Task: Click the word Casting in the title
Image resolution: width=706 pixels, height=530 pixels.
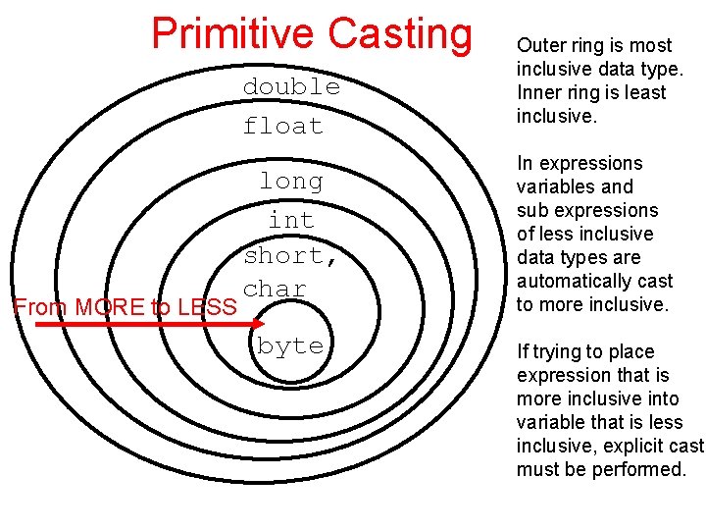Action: pos(399,32)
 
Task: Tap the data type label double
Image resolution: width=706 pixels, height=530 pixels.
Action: pos(291,86)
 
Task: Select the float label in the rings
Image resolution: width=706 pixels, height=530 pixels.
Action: pos(283,126)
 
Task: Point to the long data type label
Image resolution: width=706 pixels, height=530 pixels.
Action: pos(291,182)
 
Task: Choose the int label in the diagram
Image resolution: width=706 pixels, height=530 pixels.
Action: pos(291,220)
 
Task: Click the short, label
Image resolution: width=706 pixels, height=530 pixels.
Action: pos(291,255)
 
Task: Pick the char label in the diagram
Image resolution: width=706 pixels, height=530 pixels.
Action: pos(276,289)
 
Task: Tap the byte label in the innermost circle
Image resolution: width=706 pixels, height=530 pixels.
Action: pos(290,345)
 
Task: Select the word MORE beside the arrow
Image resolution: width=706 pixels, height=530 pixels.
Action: pos(107,307)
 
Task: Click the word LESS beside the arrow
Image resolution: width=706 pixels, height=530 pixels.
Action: pos(204,307)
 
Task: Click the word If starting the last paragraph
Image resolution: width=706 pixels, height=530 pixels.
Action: pos(523,351)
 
